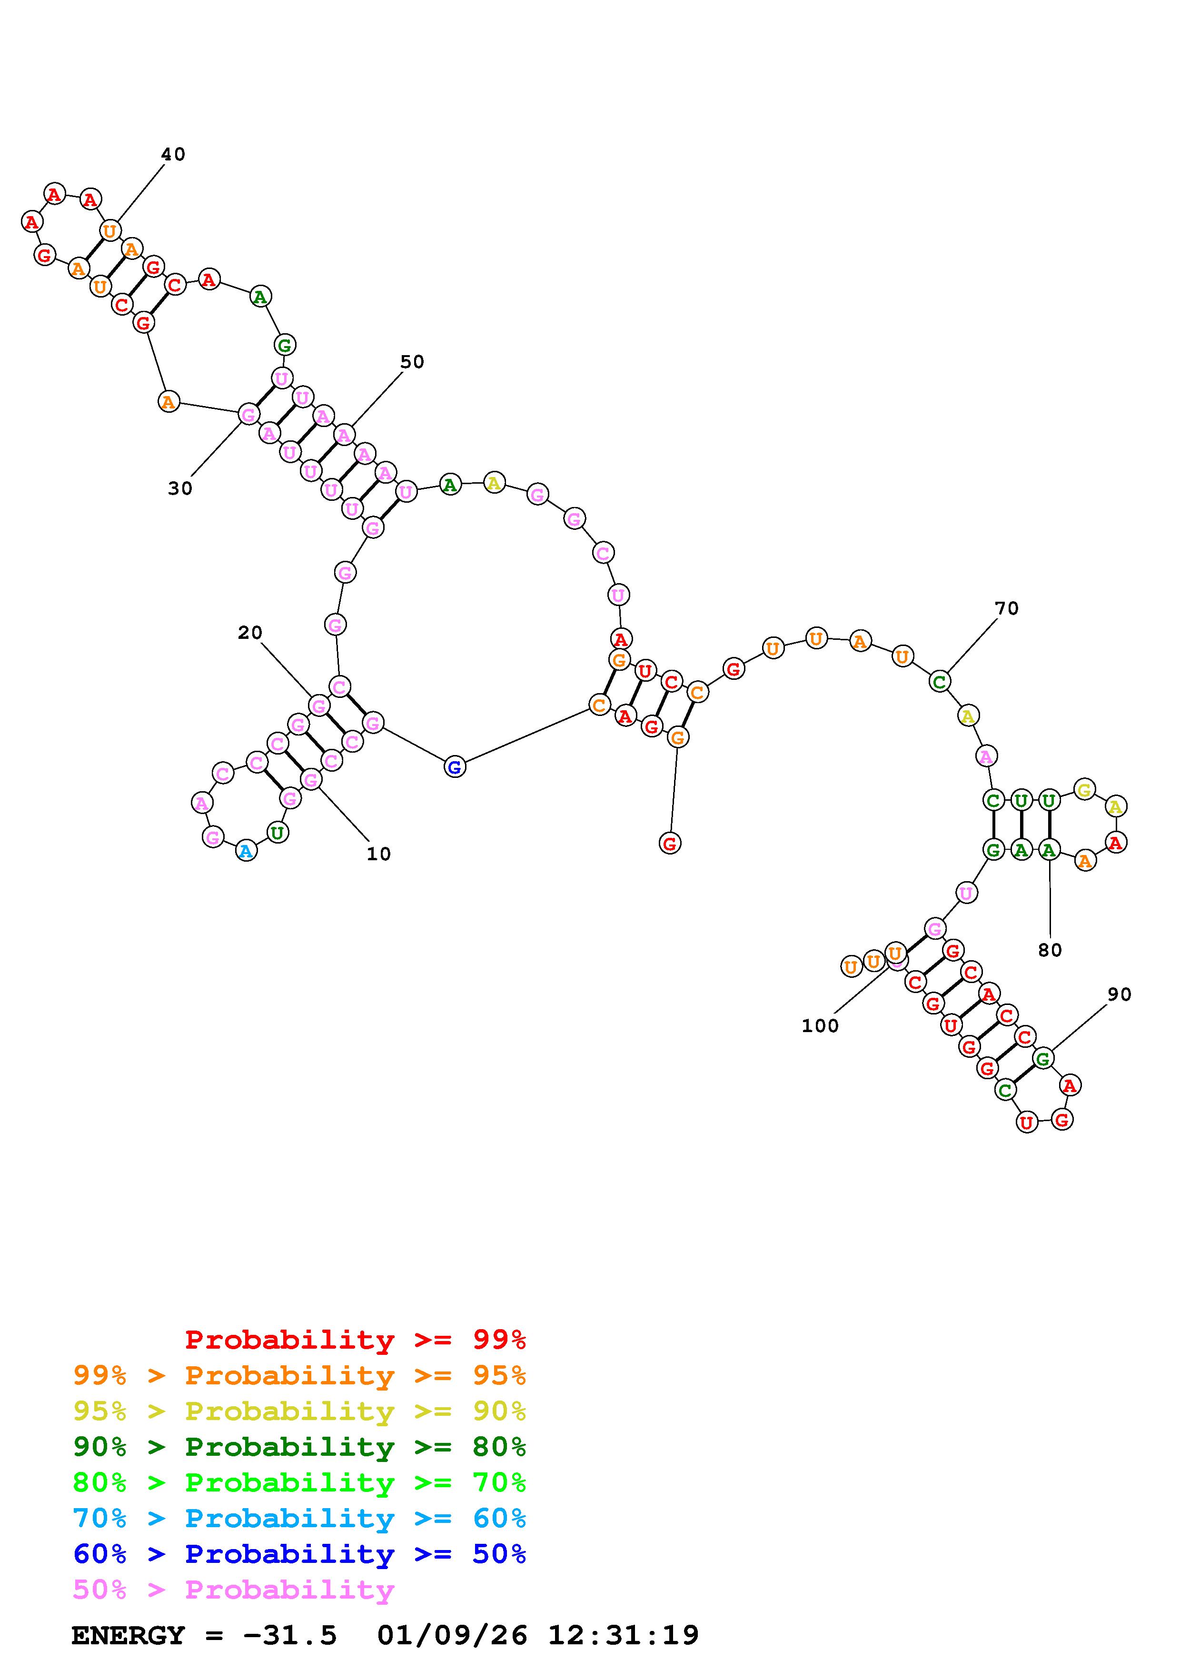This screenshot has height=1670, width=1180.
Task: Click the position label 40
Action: tap(173, 154)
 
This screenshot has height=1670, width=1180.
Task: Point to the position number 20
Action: tap(250, 633)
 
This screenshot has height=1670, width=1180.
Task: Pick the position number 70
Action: tap(1007, 608)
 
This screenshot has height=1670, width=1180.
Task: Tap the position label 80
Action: tap(1050, 950)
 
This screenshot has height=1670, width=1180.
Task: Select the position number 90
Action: tap(1120, 994)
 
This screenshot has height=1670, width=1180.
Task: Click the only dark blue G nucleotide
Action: tap(455, 766)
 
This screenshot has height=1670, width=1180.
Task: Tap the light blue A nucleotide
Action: tap(247, 851)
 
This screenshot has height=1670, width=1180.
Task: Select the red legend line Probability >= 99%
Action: tap(356, 1339)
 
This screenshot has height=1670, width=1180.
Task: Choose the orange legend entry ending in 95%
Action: tap(299, 1375)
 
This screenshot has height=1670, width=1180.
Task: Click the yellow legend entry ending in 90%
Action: tap(299, 1411)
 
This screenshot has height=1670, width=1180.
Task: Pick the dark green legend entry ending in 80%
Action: tap(299, 1447)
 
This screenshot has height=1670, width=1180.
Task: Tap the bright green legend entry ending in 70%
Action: tap(299, 1482)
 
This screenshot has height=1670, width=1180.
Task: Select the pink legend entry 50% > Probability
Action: tap(233, 1590)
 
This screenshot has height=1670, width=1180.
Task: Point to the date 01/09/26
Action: tap(452, 1635)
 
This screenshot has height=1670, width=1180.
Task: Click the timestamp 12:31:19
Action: tap(623, 1635)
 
